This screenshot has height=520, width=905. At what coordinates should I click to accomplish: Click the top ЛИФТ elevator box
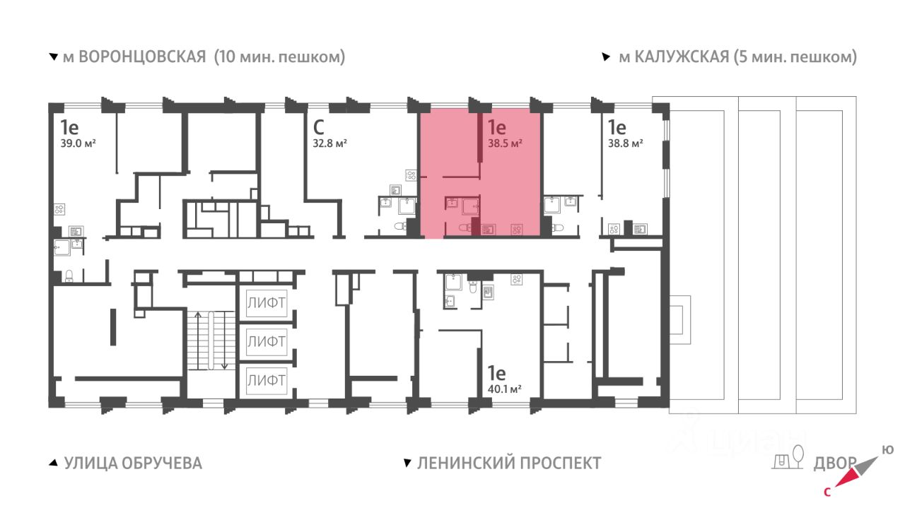tap(267, 303)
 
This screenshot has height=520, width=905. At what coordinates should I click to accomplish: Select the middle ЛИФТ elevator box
tap(267, 341)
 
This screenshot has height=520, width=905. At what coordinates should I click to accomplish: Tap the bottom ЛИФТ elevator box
tap(267, 380)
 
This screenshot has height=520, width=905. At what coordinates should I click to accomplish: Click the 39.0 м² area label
tap(78, 143)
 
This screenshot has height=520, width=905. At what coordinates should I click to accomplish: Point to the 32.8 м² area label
tap(329, 143)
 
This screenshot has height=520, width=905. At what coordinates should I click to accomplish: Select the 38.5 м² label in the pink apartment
tap(505, 143)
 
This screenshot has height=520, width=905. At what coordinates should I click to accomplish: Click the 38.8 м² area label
tap(626, 143)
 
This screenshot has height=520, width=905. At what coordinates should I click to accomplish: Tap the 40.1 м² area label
tap(504, 389)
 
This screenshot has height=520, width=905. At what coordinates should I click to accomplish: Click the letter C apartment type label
tap(318, 128)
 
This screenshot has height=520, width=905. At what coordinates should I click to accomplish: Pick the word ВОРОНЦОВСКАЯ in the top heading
tap(142, 57)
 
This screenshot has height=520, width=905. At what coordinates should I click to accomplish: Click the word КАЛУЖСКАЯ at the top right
tap(682, 57)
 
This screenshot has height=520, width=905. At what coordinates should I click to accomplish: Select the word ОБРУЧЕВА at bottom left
tap(162, 463)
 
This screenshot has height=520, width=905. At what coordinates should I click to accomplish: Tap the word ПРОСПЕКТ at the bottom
tap(561, 463)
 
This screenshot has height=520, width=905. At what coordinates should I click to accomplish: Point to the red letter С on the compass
tap(827, 492)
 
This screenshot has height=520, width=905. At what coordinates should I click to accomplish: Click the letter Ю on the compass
tap(887, 450)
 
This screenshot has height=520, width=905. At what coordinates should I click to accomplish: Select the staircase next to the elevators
tap(211, 341)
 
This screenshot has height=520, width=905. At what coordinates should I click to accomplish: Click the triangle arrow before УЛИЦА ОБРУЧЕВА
tap(53, 463)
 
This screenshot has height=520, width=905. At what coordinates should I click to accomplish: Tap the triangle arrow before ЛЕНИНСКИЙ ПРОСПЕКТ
tap(408, 463)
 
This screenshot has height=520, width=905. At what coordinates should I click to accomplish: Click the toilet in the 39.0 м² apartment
tap(69, 276)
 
